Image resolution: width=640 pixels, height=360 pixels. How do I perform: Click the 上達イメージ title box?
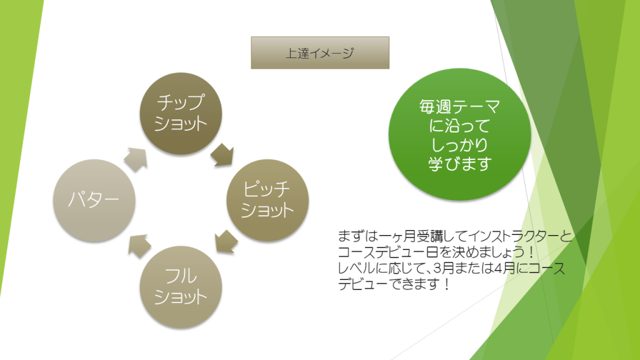[320, 52]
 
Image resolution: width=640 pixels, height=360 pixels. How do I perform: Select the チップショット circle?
[181, 114]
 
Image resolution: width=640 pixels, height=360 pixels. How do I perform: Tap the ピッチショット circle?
[267, 200]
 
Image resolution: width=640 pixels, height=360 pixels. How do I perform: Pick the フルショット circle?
[181, 286]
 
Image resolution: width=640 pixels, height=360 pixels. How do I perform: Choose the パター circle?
[94, 200]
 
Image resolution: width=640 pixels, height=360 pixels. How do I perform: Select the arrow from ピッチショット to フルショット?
[226, 242]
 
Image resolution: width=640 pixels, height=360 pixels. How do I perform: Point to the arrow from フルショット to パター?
[139, 246]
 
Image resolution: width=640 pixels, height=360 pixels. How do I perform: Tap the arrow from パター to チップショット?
[136, 159]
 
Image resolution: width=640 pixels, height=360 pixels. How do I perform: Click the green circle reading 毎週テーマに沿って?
[459, 134]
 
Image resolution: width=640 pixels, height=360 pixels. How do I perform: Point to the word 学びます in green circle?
[459, 164]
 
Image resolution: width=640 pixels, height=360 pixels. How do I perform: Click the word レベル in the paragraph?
[354, 269]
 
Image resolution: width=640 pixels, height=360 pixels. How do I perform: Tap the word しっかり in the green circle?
[459, 144]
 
